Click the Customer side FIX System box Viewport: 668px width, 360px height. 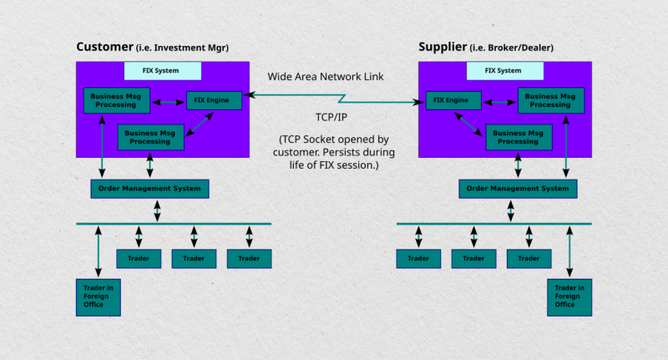pyautogui.click(x=162, y=71)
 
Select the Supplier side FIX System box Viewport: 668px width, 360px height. pyautogui.click(x=504, y=71)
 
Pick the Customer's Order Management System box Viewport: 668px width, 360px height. pyautogui.click(x=149, y=189)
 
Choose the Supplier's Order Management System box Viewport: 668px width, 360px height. pyautogui.click(x=518, y=189)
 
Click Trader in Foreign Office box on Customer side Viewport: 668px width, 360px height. pyautogui.click(x=98, y=297)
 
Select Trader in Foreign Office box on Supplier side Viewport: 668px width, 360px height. pyautogui.click(x=569, y=297)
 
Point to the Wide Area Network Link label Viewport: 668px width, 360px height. pyautogui.click(x=326, y=77)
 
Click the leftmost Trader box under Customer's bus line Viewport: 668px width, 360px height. pyautogui.click(x=138, y=258)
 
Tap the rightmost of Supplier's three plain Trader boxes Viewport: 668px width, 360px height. pyautogui.click(x=529, y=258)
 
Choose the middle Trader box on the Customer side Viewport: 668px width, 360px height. pyautogui.click(x=194, y=258)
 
